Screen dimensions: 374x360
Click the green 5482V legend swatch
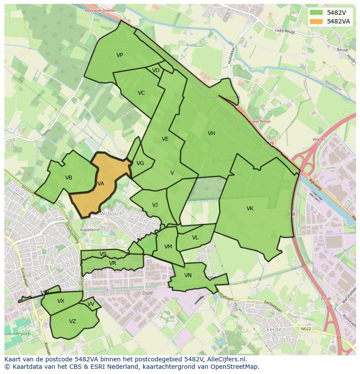click(x=317, y=13)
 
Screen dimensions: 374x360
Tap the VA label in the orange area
click(x=101, y=184)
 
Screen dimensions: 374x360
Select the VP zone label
click(x=120, y=55)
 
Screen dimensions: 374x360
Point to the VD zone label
click(x=156, y=70)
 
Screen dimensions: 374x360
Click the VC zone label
click(x=141, y=93)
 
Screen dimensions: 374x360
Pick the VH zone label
click(x=211, y=133)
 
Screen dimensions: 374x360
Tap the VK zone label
click(x=250, y=209)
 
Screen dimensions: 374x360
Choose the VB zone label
click(x=69, y=178)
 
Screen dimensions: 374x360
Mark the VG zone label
click(x=140, y=163)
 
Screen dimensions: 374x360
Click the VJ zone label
click(x=155, y=205)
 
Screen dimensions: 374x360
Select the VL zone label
click(x=195, y=238)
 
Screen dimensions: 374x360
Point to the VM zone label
click(x=168, y=247)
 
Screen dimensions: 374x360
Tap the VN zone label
click(x=188, y=275)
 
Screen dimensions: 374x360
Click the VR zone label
click(x=113, y=263)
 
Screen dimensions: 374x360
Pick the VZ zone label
click(x=73, y=321)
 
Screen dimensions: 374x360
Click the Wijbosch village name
click(x=111, y=214)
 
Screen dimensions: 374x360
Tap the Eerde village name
click(x=274, y=330)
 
